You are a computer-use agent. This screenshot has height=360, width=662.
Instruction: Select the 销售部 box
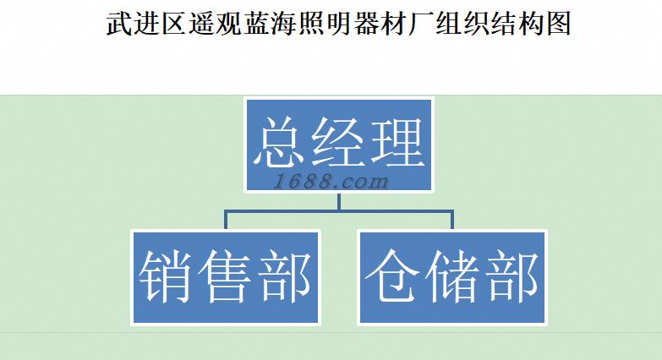[225, 276]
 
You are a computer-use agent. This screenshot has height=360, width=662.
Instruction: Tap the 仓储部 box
[452, 276]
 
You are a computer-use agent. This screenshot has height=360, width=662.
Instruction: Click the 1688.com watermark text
[332, 180]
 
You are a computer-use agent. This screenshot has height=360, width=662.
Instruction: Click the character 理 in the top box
[395, 142]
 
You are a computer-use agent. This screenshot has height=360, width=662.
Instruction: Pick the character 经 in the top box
[338, 142]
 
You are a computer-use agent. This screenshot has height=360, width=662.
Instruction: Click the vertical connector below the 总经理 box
[338, 201]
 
